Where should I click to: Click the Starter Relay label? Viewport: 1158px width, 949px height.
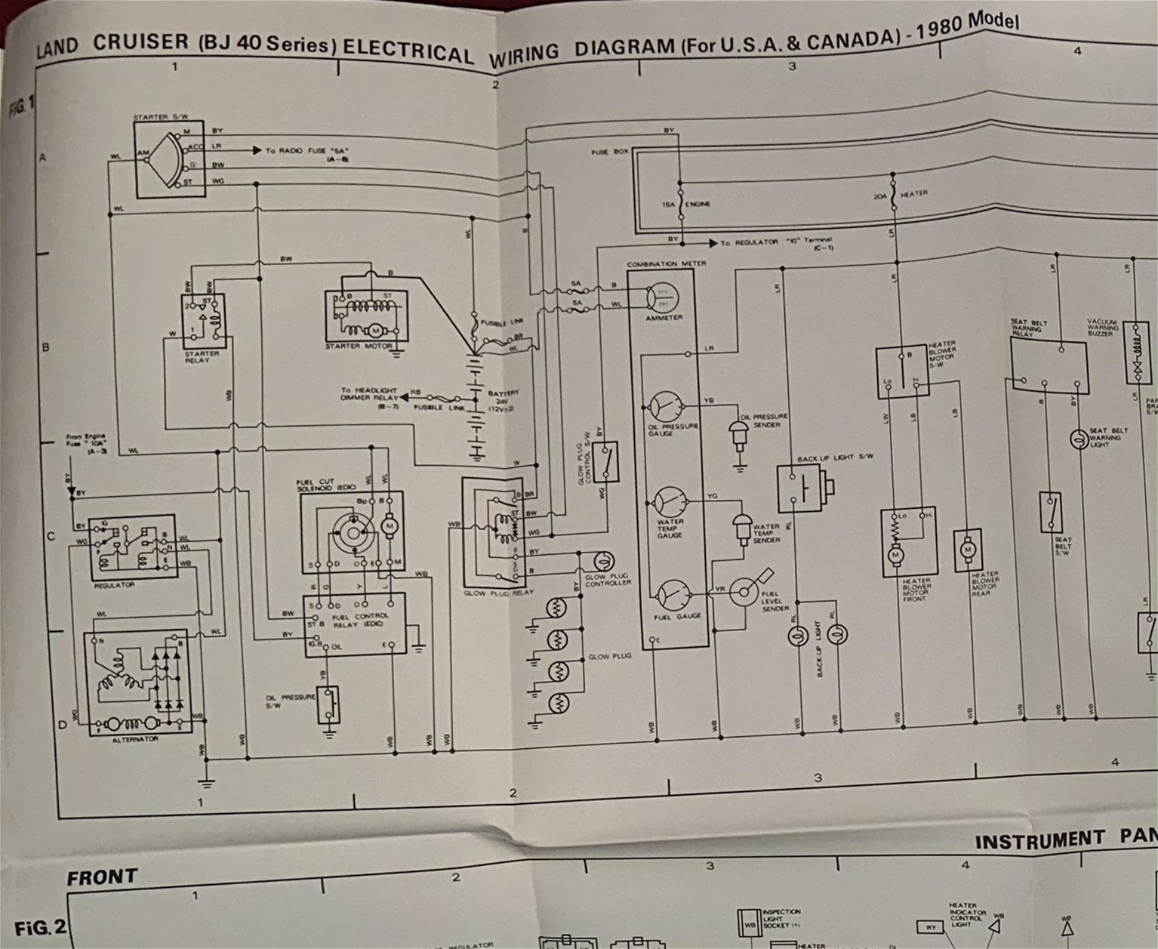point(202,356)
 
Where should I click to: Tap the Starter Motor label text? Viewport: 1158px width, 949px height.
point(359,347)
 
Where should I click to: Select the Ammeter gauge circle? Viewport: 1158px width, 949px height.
point(664,297)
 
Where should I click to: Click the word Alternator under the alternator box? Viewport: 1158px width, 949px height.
point(135,739)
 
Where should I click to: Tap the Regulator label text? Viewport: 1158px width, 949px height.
point(115,585)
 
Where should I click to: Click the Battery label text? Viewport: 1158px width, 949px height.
point(503,393)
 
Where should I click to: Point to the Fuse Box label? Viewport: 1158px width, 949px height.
point(610,152)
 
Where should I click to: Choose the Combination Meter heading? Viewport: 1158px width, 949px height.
point(667,263)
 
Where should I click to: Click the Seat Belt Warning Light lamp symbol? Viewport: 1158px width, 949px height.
point(1078,439)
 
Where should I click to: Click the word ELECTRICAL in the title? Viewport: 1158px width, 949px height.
point(408,49)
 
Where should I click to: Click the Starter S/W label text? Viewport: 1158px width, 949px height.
point(160,118)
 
